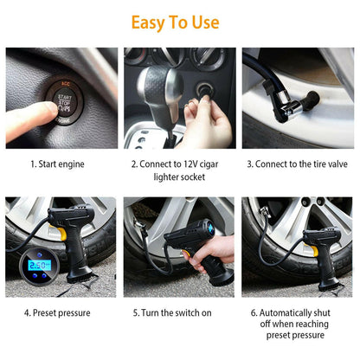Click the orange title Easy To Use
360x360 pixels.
tap(180, 22)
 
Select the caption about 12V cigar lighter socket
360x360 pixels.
tap(179, 169)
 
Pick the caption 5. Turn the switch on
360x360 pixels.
tap(179, 312)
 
